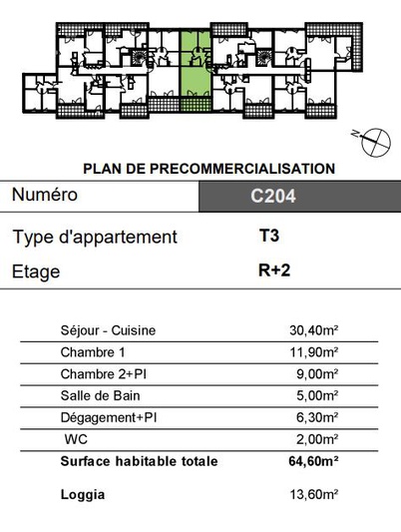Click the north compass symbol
(x=375, y=143)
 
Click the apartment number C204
(x=273, y=196)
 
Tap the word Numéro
(x=45, y=195)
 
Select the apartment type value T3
(x=269, y=236)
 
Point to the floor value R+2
(x=274, y=270)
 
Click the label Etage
(x=36, y=271)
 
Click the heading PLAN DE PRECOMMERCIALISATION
(x=209, y=169)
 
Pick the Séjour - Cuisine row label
(x=108, y=330)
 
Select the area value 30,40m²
(x=314, y=330)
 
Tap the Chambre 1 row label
(x=93, y=352)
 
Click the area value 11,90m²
(x=314, y=352)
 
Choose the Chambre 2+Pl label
(x=104, y=374)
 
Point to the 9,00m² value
(x=317, y=374)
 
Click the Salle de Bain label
(x=101, y=395)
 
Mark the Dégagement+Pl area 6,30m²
(x=317, y=417)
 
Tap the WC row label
(x=76, y=439)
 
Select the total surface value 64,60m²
(x=313, y=461)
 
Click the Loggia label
(x=83, y=495)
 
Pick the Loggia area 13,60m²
(x=314, y=494)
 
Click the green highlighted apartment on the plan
(x=195, y=71)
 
